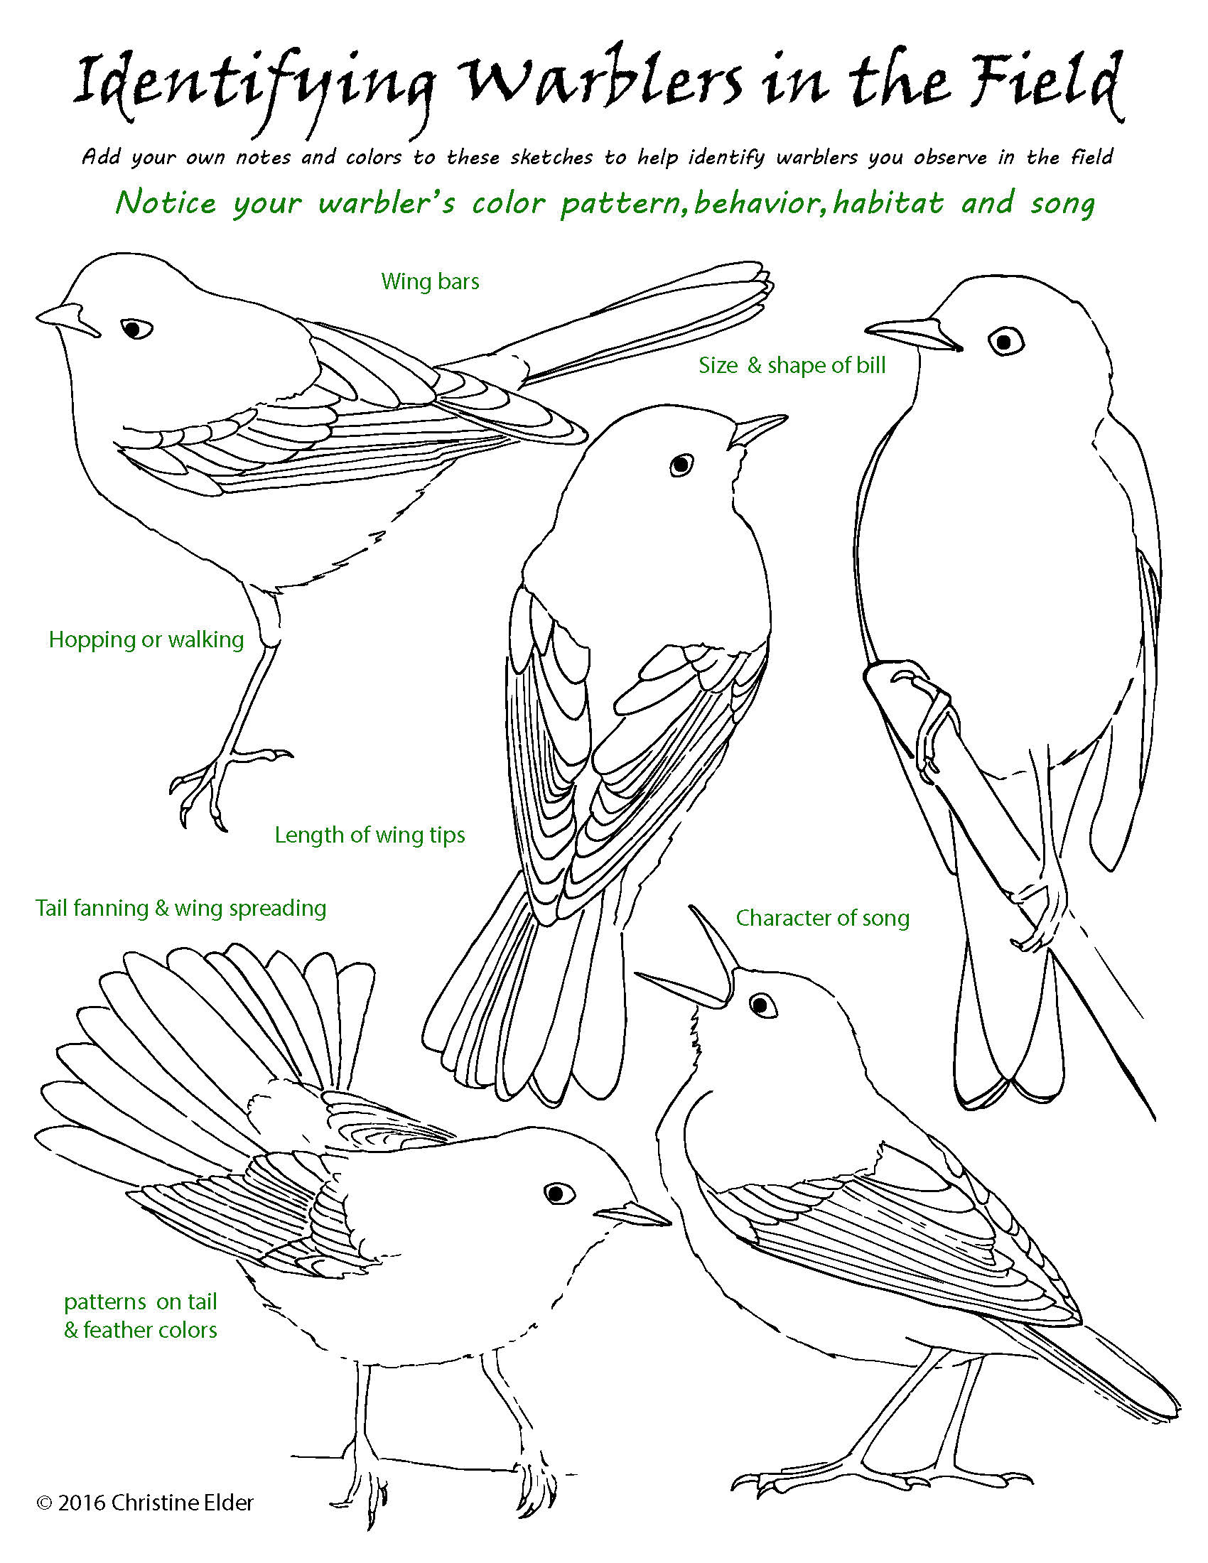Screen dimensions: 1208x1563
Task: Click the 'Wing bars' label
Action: pyautogui.click(x=430, y=281)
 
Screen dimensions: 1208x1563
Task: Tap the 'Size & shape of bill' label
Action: pyautogui.click(x=792, y=365)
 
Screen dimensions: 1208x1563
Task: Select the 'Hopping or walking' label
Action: pyautogui.click(x=146, y=639)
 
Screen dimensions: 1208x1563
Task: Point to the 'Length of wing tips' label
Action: pyautogui.click(x=370, y=835)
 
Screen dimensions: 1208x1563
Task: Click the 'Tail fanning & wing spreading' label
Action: pyautogui.click(x=181, y=907)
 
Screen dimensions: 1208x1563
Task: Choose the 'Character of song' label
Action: pyautogui.click(x=823, y=917)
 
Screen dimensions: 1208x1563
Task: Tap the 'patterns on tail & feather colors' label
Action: pyautogui.click(x=140, y=1315)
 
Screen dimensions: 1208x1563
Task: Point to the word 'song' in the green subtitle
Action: pyautogui.click(x=1063, y=204)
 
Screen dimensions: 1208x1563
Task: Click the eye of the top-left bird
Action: pyautogui.click(x=135, y=328)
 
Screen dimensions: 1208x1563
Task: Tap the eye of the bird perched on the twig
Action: pyautogui.click(x=1006, y=340)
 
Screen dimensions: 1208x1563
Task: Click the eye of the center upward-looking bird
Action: pyautogui.click(x=682, y=465)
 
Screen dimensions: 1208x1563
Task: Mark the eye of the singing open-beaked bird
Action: pyautogui.click(x=762, y=1004)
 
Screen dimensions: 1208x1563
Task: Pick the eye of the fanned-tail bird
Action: pyautogui.click(x=559, y=1192)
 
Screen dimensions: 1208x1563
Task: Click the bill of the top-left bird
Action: pyautogui.click(x=68, y=319)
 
